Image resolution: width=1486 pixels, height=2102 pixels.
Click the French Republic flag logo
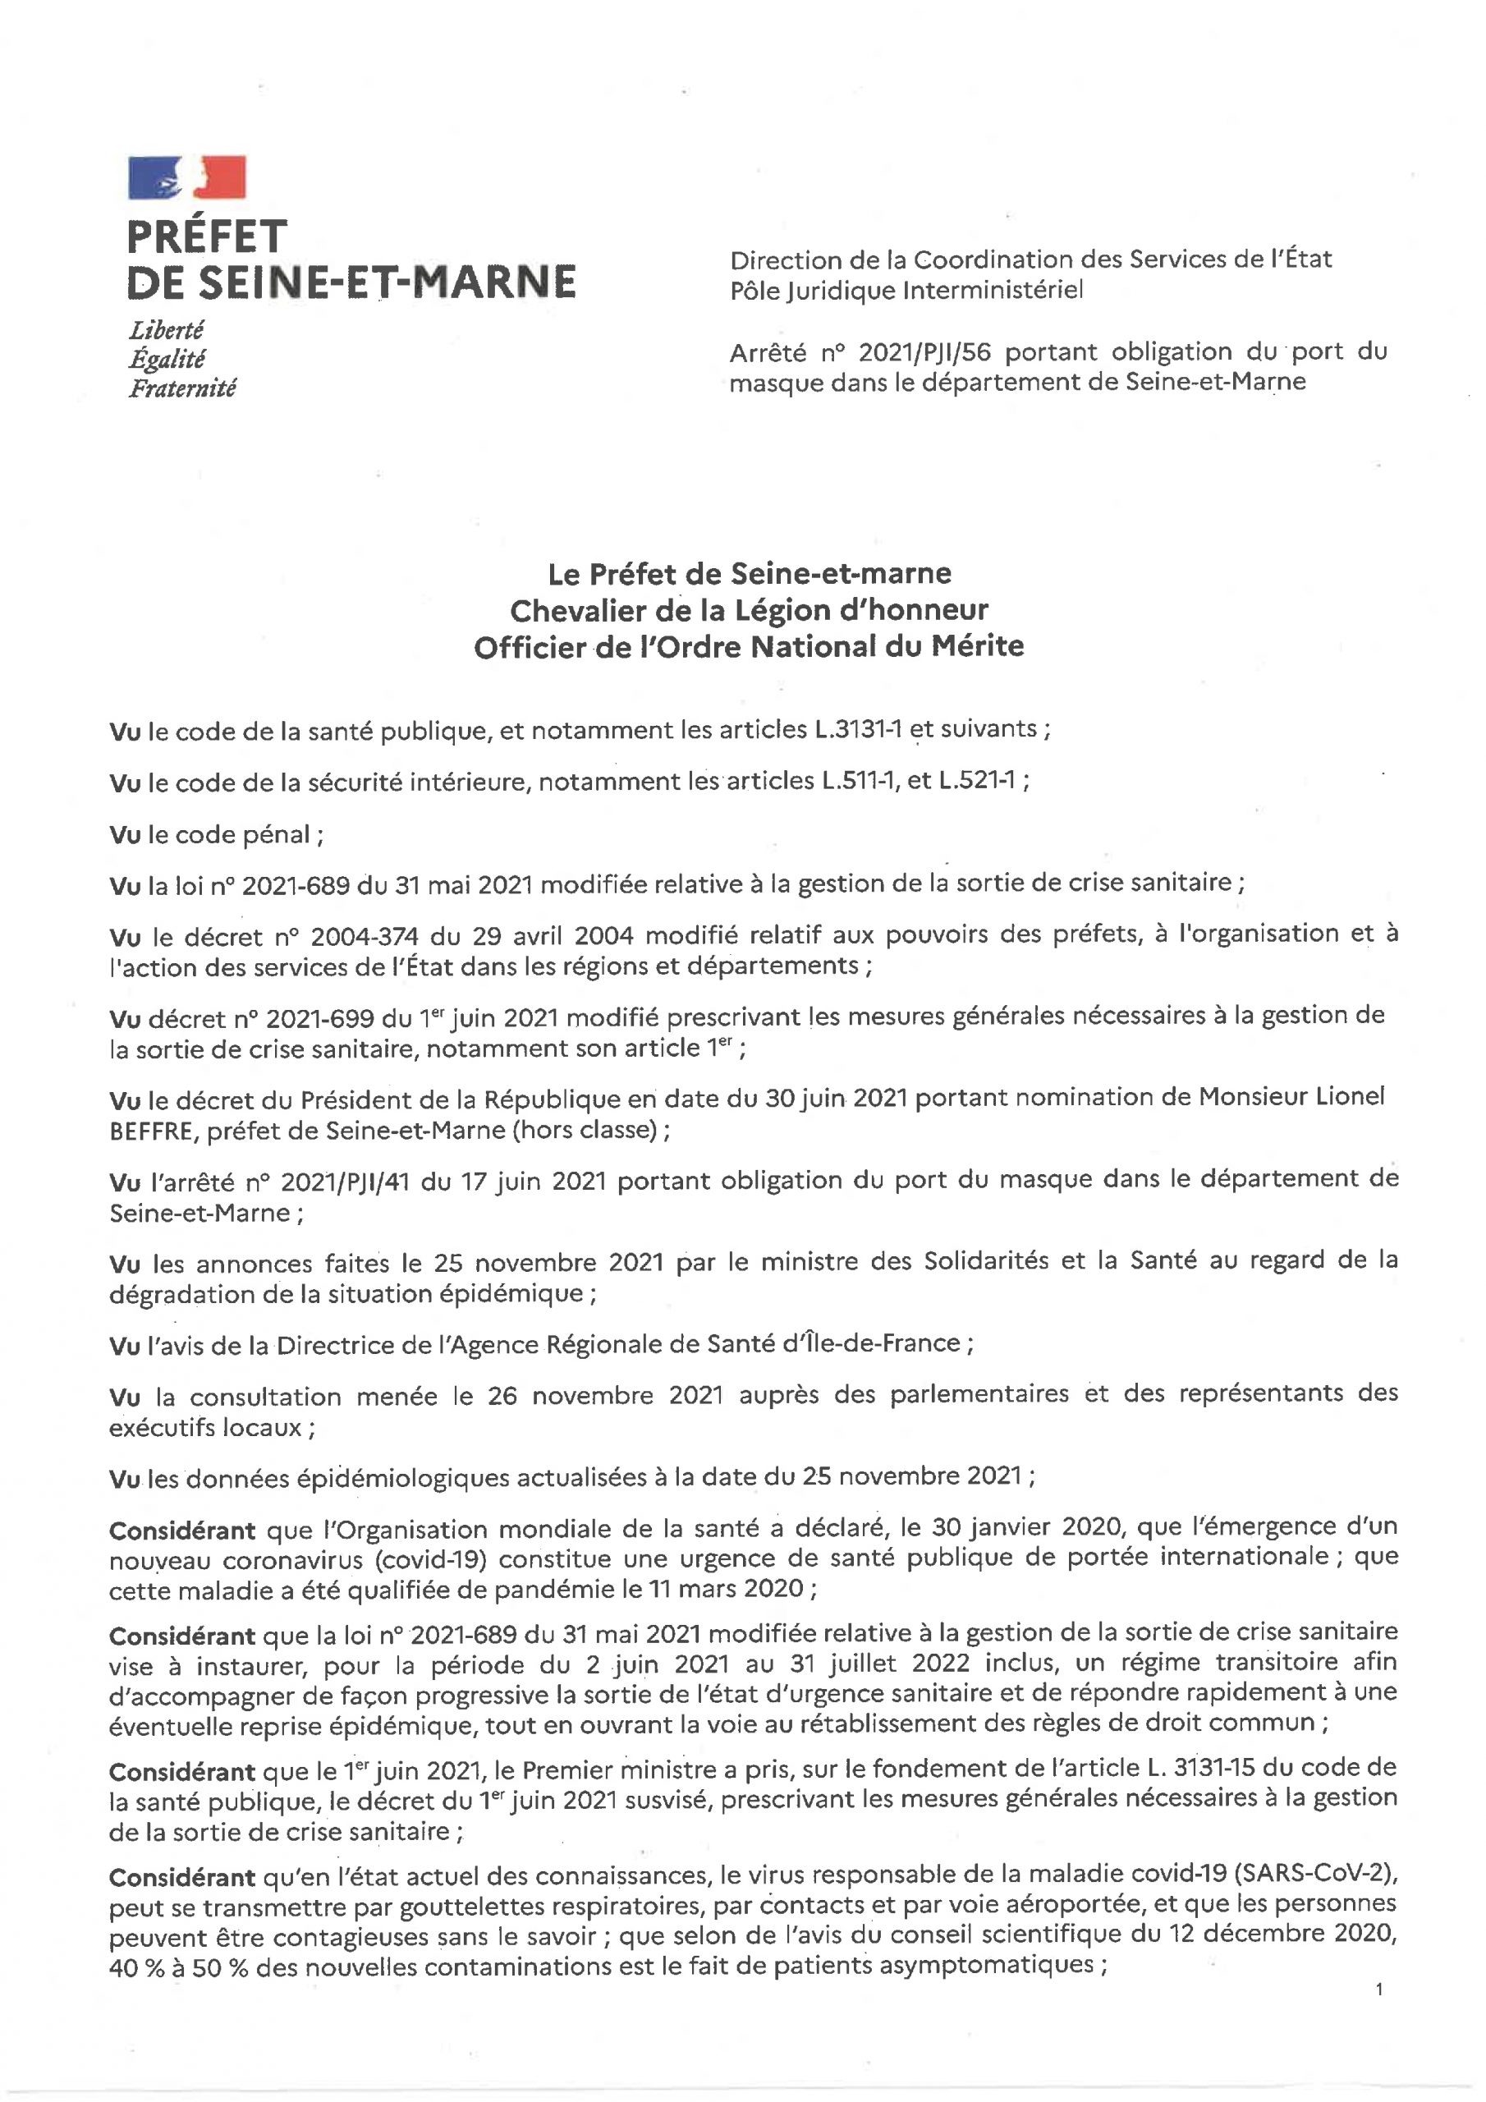(x=187, y=177)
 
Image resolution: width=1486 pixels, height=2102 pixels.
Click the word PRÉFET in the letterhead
(x=207, y=237)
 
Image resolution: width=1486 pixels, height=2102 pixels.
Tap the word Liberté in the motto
(x=166, y=328)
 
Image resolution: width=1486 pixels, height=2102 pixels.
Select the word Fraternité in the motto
(x=182, y=388)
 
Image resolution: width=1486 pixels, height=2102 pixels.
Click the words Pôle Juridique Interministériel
(x=906, y=290)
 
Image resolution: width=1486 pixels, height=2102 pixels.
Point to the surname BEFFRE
(x=153, y=1131)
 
